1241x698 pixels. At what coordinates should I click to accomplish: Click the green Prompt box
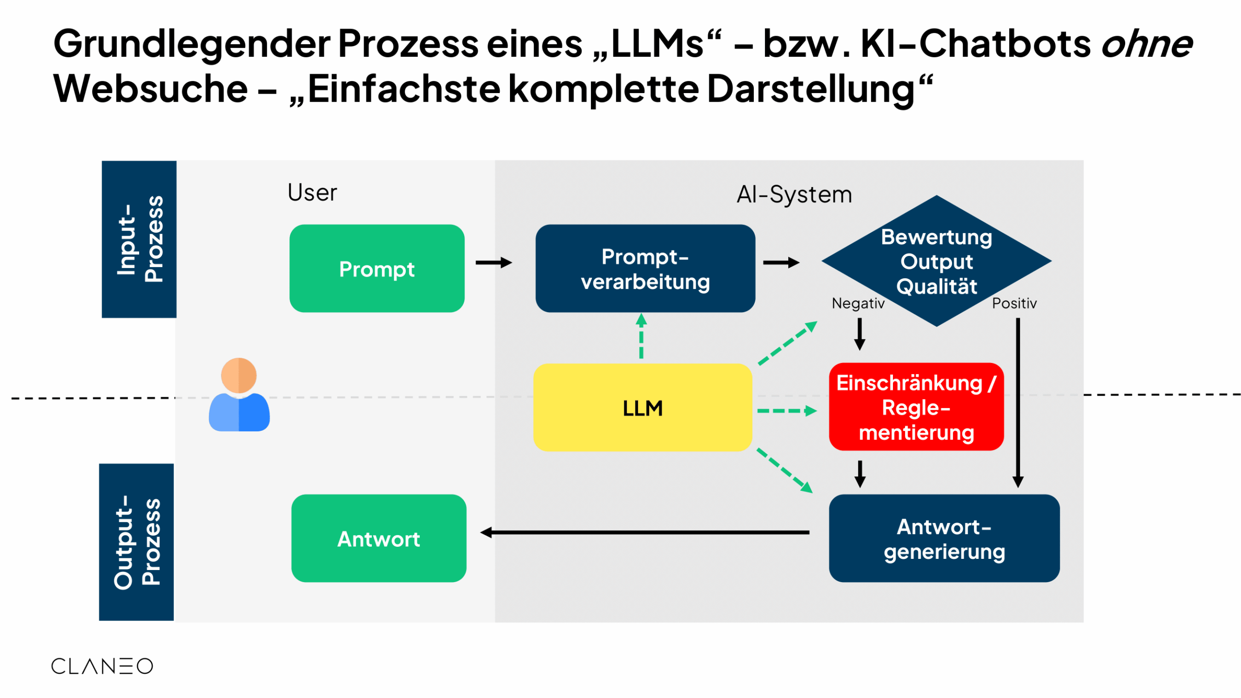(x=377, y=268)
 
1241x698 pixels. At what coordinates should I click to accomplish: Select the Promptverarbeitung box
(x=645, y=268)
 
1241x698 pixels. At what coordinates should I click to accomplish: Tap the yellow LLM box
(x=642, y=408)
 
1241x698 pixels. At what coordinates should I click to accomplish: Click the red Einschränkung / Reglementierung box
(x=916, y=407)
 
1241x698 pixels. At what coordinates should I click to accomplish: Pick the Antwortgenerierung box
(x=943, y=538)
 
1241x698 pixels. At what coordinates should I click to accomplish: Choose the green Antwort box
(x=379, y=538)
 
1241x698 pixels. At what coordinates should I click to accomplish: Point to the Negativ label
(x=858, y=303)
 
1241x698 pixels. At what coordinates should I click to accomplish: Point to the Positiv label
(x=1014, y=303)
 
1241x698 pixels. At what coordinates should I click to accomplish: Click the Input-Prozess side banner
(x=139, y=239)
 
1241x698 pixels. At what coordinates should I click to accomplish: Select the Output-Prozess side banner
(x=136, y=542)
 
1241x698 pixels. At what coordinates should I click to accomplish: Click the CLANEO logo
(x=102, y=666)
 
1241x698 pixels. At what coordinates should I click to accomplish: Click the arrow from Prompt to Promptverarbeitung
(x=493, y=263)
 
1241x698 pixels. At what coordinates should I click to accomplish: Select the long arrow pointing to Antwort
(x=645, y=532)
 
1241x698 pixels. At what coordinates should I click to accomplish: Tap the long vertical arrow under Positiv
(x=1018, y=402)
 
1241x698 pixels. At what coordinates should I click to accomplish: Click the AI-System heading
(x=794, y=195)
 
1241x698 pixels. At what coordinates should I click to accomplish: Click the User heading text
(x=312, y=192)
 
